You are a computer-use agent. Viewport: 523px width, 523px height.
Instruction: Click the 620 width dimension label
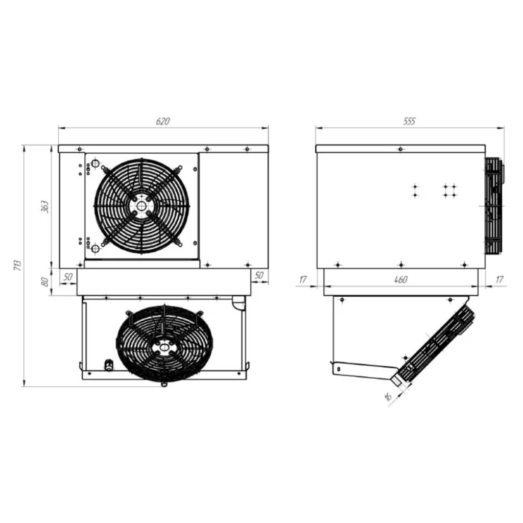pos(163,121)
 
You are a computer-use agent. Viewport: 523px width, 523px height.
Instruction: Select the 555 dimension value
pos(409,121)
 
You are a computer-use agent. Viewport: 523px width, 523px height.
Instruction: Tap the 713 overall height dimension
pos(17,265)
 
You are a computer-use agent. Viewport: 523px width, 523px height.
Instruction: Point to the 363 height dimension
pos(44,207)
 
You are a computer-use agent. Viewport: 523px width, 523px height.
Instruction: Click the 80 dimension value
pos(44,282)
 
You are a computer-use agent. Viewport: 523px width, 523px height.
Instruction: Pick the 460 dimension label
pos(400,279)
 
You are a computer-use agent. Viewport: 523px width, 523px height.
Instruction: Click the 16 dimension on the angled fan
pos(388,396)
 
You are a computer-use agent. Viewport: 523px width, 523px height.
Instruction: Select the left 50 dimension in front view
pos(68,277)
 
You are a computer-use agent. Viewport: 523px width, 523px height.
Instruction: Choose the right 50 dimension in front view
pos(259,275)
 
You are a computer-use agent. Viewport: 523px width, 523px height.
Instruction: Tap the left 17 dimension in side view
pos(303,279)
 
